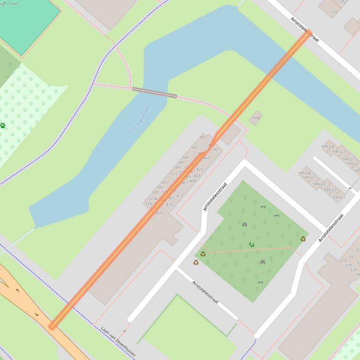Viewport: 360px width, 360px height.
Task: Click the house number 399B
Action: (255, 118)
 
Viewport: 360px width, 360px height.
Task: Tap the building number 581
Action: (203, 137)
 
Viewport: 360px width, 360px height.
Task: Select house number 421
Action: (216, 150)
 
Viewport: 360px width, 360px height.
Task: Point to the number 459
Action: (159, 213)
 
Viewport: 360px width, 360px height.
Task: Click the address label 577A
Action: (153, 199)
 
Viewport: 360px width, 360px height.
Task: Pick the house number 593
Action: (164, 183)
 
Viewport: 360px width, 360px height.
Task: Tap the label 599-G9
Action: (328, 147)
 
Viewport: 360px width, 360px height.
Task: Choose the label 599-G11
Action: (340, 152)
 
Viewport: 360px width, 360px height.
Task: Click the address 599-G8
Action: (304, 173)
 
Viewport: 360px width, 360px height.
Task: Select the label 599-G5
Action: (320, 184)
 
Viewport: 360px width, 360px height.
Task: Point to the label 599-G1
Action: (339, 198)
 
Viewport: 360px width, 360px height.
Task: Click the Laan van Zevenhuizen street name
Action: (118, 342)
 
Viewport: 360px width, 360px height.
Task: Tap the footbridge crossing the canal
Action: (154, 92)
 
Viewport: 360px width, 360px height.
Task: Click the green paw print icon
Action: (3, 125)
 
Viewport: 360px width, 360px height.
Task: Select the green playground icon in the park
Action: (252, 245)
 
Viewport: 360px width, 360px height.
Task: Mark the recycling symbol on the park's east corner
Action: (303, 239)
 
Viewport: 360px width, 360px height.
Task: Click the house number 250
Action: (334, 12)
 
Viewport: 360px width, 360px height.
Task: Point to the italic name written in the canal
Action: (140, 119)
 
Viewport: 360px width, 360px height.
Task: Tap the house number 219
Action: (343, 261)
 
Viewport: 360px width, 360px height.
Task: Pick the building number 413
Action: (179, 196)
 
